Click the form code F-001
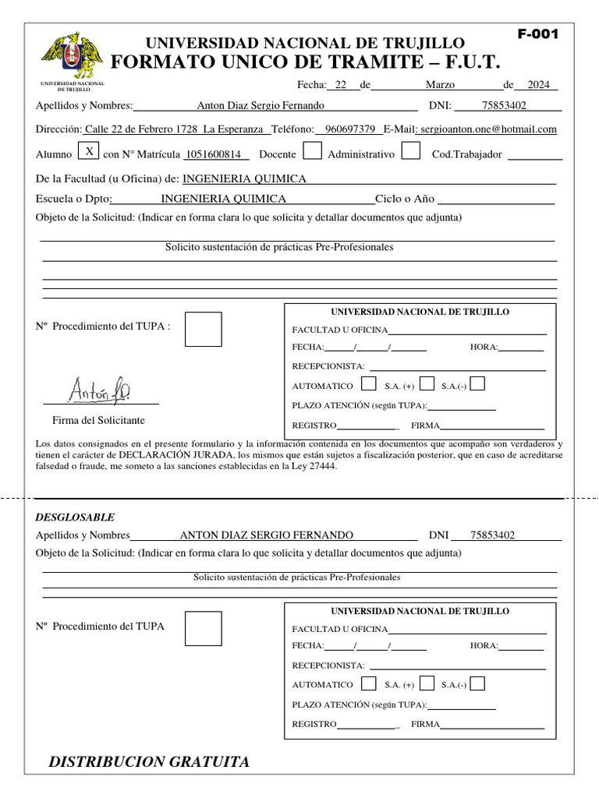tap(537, 34)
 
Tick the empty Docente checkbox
tap(312, 151)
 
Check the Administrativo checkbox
tap(411, 151)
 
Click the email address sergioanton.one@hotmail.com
tap(487, 129)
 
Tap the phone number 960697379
tap(350, 129)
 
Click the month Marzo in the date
tap(441, 86)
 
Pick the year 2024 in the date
tap(538, 86)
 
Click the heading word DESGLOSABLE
tap(75, 517)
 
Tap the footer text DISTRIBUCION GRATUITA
tap(149, 762)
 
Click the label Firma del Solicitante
tap(98, 420)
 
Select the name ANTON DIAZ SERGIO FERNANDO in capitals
tap(266, 535)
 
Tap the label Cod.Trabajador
tap(466, 154)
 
